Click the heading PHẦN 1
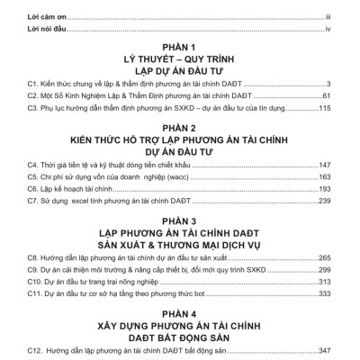tap(180, 45)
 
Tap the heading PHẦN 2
tap(180, 129)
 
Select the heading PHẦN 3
tap(180, 219)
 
